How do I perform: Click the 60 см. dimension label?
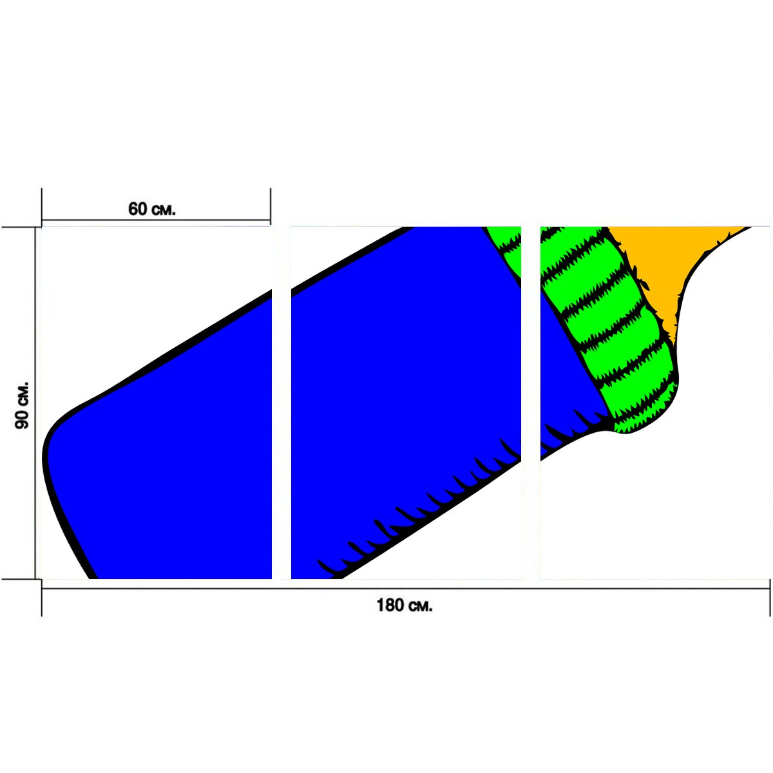151,209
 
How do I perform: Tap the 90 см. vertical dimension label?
22,406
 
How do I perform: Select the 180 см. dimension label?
405,606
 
